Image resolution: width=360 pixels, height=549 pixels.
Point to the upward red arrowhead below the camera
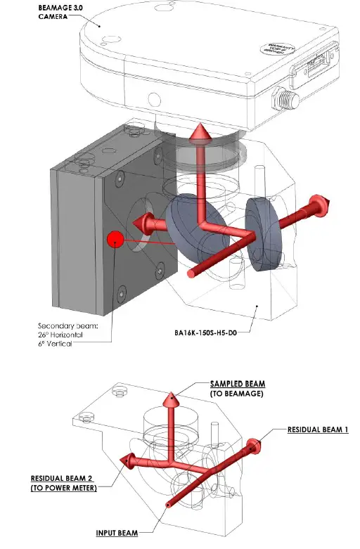pyautogui.click(x=200, y=131)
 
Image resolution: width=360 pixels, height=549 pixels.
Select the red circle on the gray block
pyautogui.click(x=115, y=240)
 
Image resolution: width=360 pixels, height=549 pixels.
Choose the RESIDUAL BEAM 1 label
pyautogui.click(x=318, y=429)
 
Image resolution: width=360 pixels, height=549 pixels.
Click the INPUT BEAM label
pyautogui.click(x=117, y=533)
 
